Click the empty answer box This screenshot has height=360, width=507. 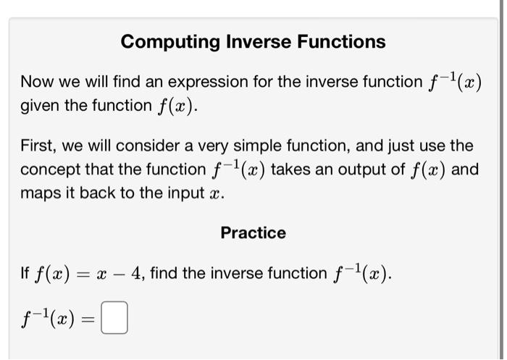(x=114, y=319)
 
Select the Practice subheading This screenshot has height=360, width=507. (x=253, y=233)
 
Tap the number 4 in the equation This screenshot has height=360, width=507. (x=138, y=273)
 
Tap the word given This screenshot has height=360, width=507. (x=40, y=106)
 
